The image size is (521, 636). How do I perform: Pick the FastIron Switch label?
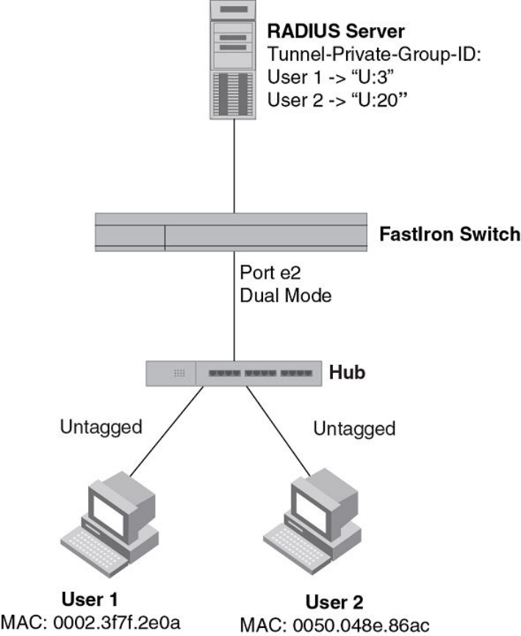449,236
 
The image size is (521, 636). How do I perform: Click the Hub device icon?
234,373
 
